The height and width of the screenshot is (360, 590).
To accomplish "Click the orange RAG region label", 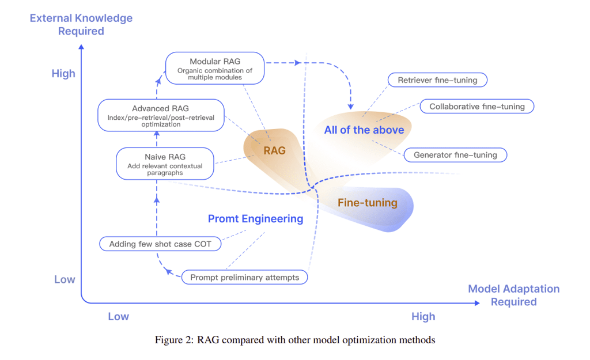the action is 274,150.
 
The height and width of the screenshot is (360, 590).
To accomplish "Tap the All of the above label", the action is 364,130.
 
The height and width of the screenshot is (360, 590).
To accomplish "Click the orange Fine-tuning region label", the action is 368,203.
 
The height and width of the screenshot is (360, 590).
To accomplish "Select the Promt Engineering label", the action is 255,218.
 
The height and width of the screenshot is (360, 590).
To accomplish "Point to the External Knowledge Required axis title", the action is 81,24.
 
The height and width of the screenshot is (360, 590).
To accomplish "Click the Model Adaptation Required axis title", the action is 513,295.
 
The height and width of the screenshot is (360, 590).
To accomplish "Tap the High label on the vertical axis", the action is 63,73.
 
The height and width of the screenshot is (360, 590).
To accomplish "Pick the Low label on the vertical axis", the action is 65,279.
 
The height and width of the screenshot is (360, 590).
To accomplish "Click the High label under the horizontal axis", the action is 423,316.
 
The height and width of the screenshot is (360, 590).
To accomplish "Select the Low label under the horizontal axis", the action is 119,316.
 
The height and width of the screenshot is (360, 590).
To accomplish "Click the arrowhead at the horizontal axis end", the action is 478,303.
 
